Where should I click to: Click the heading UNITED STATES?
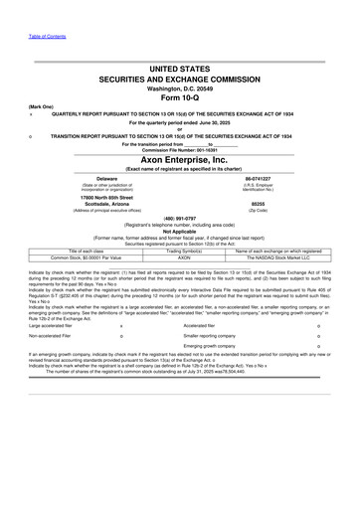tap(181, 69)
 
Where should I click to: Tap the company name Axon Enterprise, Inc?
tap(181, 158)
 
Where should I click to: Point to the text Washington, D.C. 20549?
tap(181, 87)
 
